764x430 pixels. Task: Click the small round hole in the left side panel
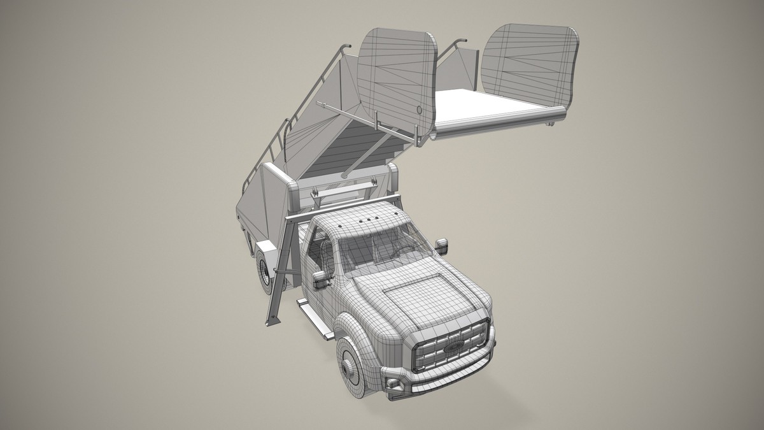click(420, 110)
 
